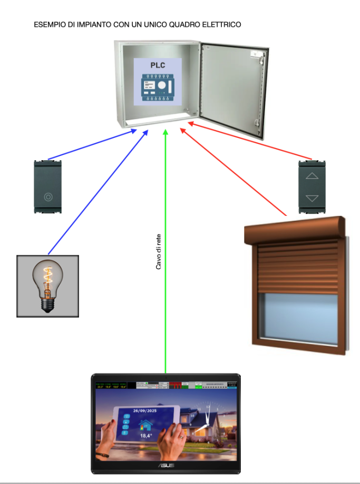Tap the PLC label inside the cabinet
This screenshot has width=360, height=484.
coord(158,66)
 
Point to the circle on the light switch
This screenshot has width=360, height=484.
coord(48,197)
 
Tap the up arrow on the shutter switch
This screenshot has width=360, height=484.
coord(313,176)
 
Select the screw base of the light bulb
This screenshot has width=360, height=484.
coord(48,304)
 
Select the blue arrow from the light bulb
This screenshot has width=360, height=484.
coord(95,195)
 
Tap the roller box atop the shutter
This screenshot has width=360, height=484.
coord(295,228)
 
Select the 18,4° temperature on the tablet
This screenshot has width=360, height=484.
coord(146,436)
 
